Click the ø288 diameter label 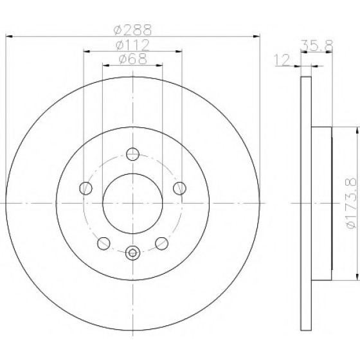132,30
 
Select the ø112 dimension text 132,45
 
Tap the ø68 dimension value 132,59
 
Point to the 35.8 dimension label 316,45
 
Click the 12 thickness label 282,60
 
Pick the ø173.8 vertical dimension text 352,203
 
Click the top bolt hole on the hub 132,154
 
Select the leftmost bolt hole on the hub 86,188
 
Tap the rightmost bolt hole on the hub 179,188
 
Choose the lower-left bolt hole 104,244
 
